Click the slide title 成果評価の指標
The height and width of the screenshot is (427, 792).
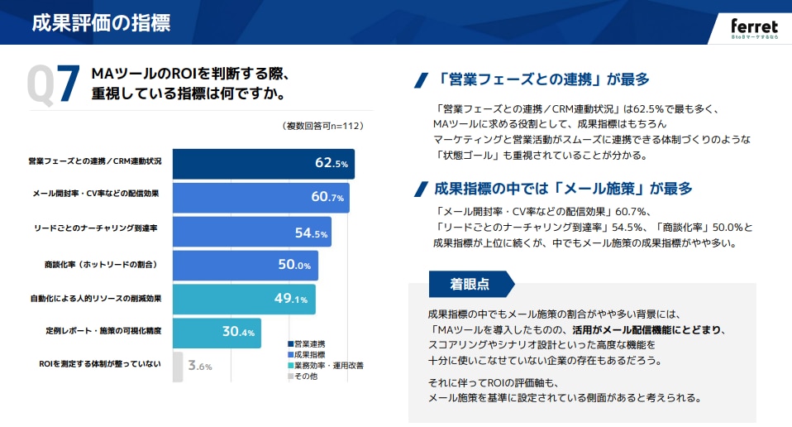[x=101, y=22]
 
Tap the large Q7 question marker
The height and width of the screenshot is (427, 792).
[x=53, y=84]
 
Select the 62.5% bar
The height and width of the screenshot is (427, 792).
[x=263, y=163]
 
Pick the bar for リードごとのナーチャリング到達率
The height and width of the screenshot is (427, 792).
[x=251, y=232]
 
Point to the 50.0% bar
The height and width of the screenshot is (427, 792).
[x=245, y=266]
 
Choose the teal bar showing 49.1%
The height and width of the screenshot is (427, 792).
[x=243, y=299]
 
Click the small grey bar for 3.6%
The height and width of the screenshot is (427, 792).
[x=177, y=367]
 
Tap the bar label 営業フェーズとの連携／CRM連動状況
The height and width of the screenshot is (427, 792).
[x=95, y=160]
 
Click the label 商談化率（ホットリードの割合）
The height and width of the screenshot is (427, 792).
[x=101, y=264]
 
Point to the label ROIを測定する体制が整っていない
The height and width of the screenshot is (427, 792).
[x=100, y=363]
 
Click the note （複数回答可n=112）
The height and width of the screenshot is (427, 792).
[x=323, y=126]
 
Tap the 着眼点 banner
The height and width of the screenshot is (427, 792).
[x=470, y=284]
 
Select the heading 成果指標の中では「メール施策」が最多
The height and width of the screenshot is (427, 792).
[x=562, y=188]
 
